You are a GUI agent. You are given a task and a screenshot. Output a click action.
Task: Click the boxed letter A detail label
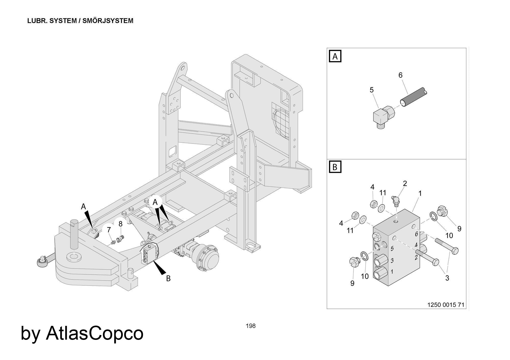(x=335, y=56)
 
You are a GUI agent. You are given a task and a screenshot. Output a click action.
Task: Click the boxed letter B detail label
(x=335, y=167)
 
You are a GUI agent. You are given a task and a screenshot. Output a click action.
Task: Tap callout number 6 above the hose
(x=400, y=75)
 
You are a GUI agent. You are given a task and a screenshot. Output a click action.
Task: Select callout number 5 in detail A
(x=372, y=90)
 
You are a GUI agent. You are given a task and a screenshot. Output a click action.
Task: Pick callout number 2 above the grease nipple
(x=405, y=183)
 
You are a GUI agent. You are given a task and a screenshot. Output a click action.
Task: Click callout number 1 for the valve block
(x=420, y=194)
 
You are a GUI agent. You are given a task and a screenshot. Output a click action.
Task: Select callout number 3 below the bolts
(x=447, y=278)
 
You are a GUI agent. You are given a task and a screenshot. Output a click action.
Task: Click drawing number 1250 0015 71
(x=446, y=305)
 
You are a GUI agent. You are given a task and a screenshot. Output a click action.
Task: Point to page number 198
(x=251, y=326)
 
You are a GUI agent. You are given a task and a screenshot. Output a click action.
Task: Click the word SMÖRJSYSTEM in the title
(x=108, y=21)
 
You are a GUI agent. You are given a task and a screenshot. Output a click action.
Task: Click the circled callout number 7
(x=109, y=230)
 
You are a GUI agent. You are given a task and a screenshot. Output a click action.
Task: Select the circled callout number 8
(x=120, y=224)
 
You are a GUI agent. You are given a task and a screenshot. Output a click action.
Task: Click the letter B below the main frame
(x=168, y=278)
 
